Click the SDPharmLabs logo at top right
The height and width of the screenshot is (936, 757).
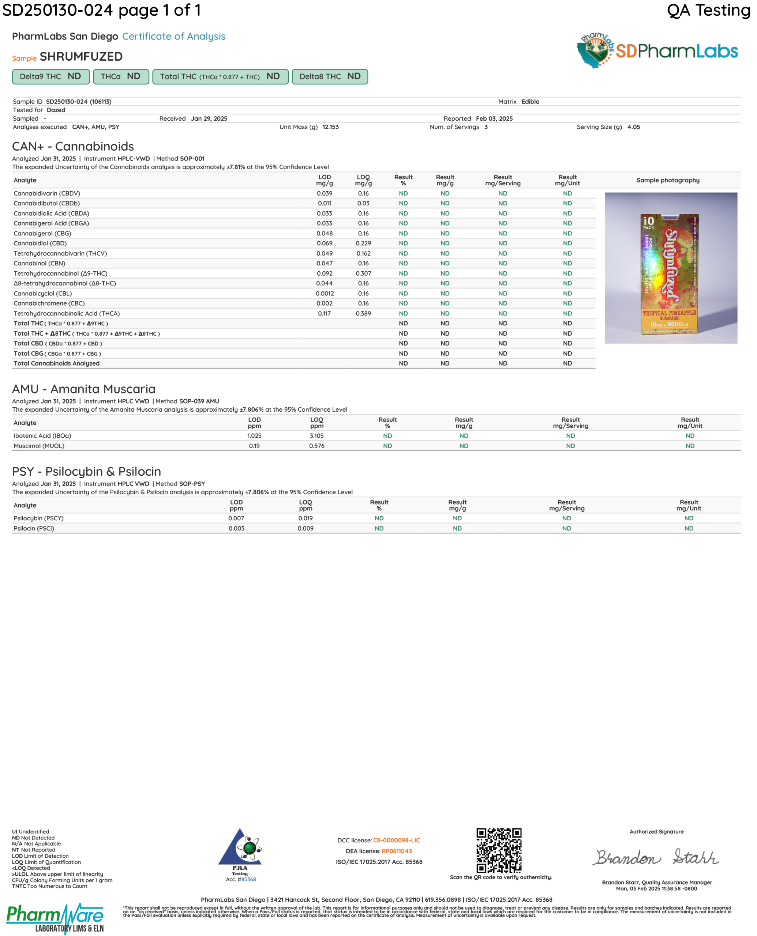(x=657, y=51)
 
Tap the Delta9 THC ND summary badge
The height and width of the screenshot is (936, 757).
(x=50, y=77)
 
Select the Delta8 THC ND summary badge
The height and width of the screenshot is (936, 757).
(x=330, y=77)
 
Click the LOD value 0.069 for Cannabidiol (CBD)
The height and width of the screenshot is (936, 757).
(x=325, y=244)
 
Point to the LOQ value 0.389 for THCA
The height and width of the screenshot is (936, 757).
(x=363, y=314)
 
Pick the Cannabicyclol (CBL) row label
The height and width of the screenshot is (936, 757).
(x=43, y=294)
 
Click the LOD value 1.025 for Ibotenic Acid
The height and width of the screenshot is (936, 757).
(x=254, y=436)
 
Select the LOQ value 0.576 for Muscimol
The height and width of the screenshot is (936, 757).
(x=316, y=446)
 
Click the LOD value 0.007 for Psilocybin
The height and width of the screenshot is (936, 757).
(x=236, y=518)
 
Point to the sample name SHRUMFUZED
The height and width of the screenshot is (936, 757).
(x=81, y=57)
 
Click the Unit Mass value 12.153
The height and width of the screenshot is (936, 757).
(x=330, y=127)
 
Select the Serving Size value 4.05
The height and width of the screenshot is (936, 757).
(x=634, y=127)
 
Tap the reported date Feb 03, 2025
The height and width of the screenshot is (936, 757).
(x=494, y=118)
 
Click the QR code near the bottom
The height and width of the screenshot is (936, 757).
(x=499, y=850)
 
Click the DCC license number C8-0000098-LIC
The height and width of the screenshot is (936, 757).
(x=396, y=840)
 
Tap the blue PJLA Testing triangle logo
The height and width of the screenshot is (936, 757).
(x=240, y=848)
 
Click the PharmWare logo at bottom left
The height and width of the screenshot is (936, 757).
(x=55, y=918)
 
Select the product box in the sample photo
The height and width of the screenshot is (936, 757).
(x=669, y=273)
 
